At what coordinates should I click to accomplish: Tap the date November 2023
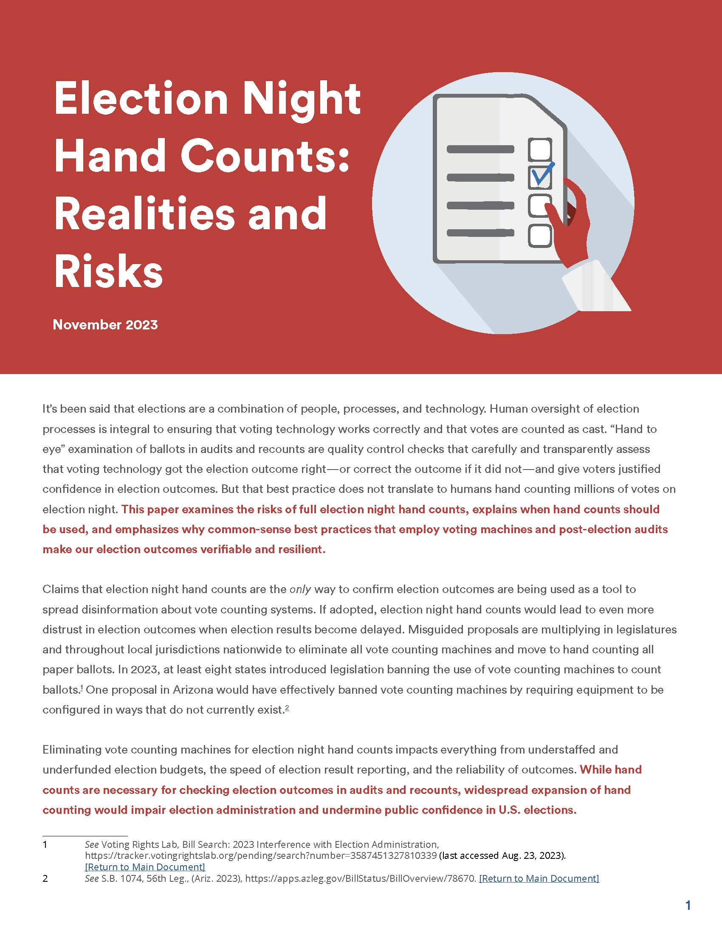pos(105,325)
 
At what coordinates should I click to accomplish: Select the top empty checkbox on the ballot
pos(540,149)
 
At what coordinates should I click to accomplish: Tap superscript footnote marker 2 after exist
pos(287,708)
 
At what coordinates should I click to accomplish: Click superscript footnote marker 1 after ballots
pos(81,688)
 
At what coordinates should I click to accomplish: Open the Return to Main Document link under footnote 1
pos(145,867)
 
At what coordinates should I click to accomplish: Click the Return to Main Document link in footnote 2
pos(539,878)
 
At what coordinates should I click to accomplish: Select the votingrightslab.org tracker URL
pos(260,855)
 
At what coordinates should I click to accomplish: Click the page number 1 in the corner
pos(688,906)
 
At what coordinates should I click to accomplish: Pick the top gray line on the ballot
pos(480,149)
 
